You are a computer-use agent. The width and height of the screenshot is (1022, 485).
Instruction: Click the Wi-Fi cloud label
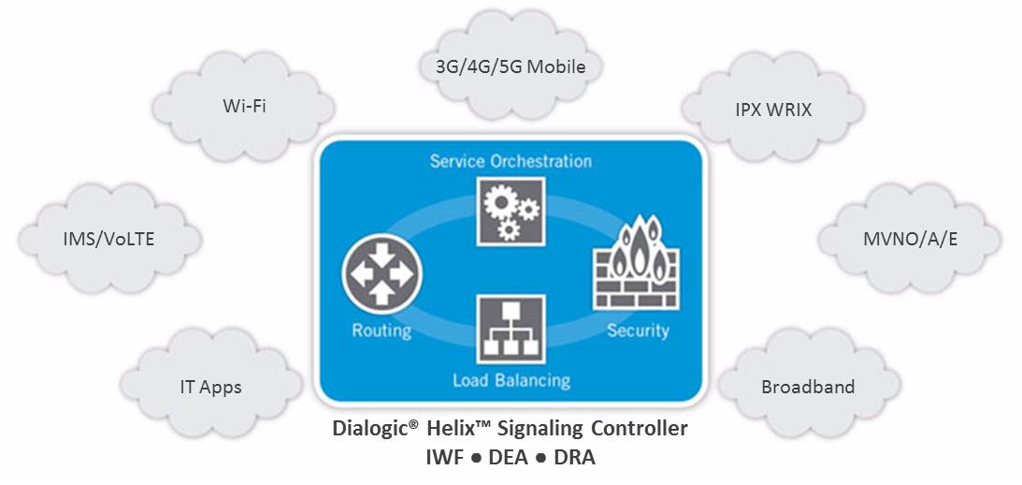[244, 106]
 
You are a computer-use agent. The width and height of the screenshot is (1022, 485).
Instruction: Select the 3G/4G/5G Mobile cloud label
[511, 66]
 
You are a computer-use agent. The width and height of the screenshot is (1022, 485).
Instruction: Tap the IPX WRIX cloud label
[773, 110]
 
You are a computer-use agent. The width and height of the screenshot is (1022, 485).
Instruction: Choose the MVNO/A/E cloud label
[910, 239]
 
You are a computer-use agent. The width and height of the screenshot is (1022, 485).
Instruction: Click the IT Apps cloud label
[210, 386]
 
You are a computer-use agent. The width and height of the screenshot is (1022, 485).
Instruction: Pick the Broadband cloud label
[808, 386]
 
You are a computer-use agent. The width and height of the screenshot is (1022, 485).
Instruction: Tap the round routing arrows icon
[382, 273]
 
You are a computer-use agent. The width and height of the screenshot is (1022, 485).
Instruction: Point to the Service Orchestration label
[511, 161]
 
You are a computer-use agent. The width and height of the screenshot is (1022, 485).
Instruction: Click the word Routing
[381, 331]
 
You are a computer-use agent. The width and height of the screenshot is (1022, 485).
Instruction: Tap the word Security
[638, 331]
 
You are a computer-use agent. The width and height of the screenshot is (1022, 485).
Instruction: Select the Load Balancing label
[511, 380]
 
